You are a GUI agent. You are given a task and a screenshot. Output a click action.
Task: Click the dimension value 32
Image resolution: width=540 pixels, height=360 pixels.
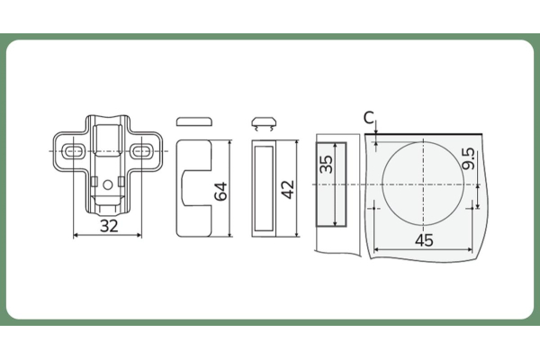109,226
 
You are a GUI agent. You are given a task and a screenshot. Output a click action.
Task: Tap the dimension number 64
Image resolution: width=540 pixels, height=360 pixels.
220,191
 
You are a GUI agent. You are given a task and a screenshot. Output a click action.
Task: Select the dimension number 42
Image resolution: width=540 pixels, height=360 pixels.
288,190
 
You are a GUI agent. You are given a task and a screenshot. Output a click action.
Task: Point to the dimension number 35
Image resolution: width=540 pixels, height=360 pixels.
326,165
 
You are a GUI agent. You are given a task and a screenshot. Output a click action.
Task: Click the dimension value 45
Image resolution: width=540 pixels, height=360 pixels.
424,240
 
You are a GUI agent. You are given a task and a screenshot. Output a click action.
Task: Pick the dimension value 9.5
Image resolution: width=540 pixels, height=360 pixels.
469,158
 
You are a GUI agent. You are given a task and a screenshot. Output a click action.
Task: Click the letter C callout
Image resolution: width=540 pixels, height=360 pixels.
368,118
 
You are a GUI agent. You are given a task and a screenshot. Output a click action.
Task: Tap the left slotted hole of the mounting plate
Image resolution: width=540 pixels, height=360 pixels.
74,151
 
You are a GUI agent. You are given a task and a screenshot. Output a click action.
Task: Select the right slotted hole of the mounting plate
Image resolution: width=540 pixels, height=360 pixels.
141,151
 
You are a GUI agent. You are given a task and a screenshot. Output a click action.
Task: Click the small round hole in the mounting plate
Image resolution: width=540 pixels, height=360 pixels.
108,185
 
